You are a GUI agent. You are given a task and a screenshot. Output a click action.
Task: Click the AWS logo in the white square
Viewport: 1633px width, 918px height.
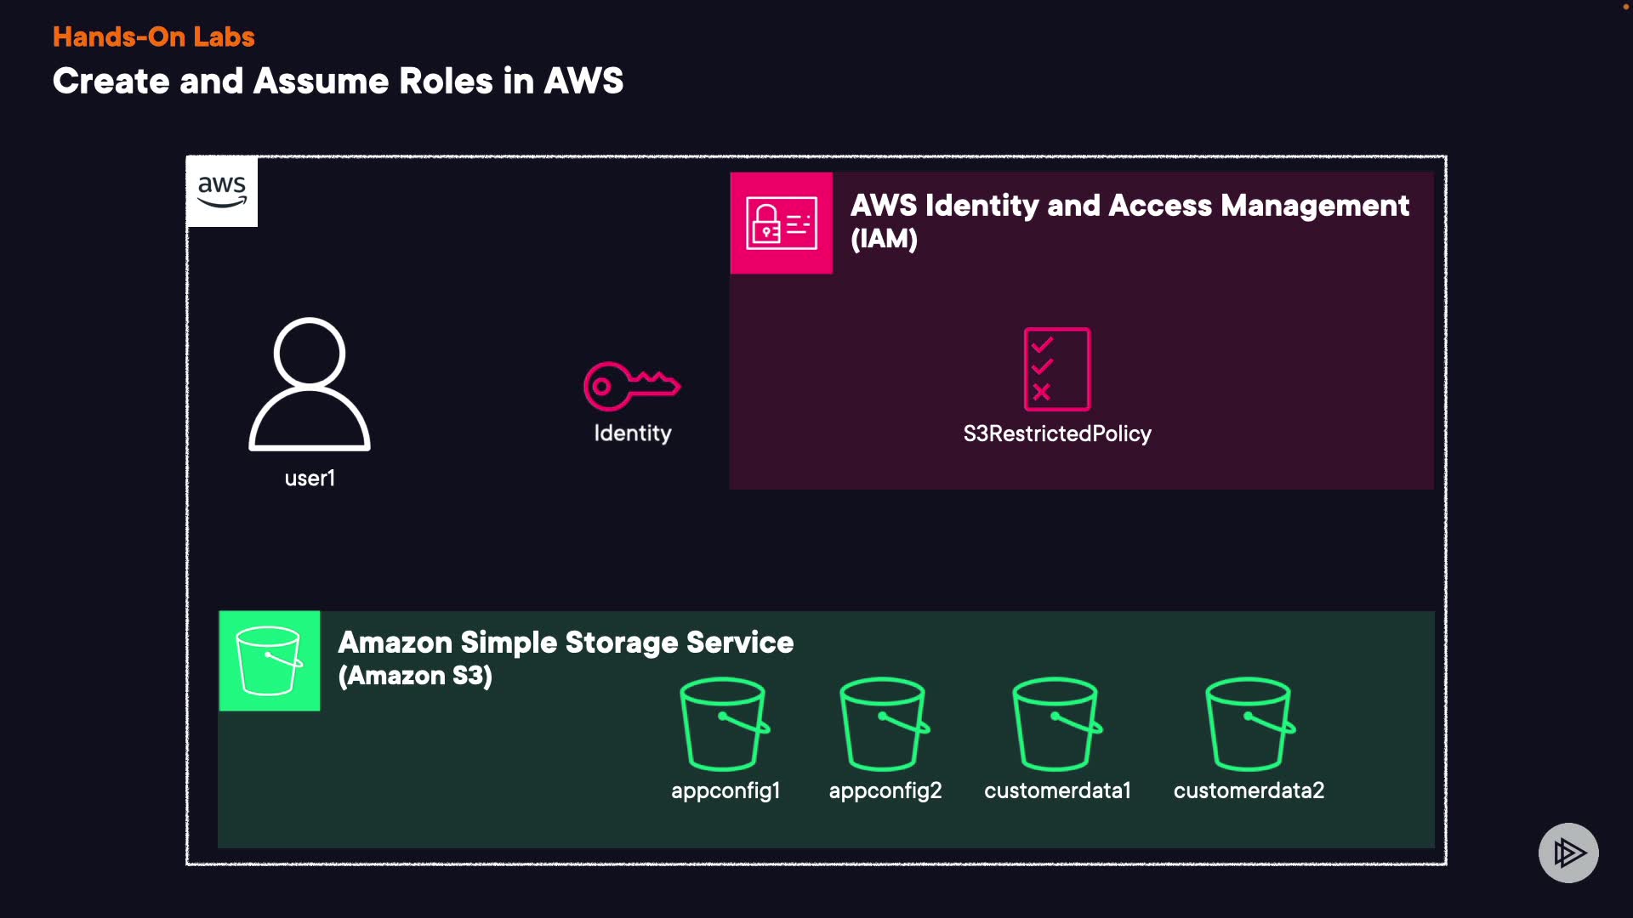click(222, 191)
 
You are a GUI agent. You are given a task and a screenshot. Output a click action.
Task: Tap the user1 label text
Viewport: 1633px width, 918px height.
click(310, 479)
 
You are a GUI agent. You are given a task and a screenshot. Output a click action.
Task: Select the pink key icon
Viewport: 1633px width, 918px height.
click(631, 385)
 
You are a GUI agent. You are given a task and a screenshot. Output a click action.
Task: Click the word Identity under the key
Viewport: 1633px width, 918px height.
click(632, 433)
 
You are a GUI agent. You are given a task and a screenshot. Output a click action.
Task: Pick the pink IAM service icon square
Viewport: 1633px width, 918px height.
click(781, 223)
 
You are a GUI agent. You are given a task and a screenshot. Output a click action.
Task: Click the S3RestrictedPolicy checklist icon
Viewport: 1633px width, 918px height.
click(1056, 369)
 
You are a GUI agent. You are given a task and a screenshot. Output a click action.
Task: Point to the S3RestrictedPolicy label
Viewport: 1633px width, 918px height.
click(1056, 434)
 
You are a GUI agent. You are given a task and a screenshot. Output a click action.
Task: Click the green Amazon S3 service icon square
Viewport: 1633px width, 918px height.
click(269, 660)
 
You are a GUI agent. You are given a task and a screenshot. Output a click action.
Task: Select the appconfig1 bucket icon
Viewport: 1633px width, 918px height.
click(725, 723)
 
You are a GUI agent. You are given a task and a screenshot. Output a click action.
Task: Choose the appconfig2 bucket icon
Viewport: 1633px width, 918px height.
click(884, 723)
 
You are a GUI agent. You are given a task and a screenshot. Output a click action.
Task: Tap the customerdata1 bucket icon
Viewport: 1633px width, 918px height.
click(1056, 723)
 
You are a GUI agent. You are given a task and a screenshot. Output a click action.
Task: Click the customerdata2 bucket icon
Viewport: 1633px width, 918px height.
click(1249, 723)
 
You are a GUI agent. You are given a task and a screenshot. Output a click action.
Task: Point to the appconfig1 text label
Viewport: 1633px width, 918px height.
click(725, 791)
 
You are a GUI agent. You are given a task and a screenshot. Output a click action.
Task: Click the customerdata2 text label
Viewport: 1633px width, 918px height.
click(1249, 791)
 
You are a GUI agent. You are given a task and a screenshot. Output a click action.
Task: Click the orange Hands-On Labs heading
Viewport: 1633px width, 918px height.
click(153, 37)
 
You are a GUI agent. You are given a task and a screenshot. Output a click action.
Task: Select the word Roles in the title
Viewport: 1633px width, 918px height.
click(446, 82)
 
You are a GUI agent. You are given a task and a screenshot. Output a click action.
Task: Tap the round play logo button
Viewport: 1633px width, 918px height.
click(1568, 853)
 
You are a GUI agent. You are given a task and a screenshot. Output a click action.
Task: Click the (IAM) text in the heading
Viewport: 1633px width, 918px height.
click(884, 239)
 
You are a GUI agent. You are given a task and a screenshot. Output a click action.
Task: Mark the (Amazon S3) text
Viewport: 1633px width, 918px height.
click(415, 677)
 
